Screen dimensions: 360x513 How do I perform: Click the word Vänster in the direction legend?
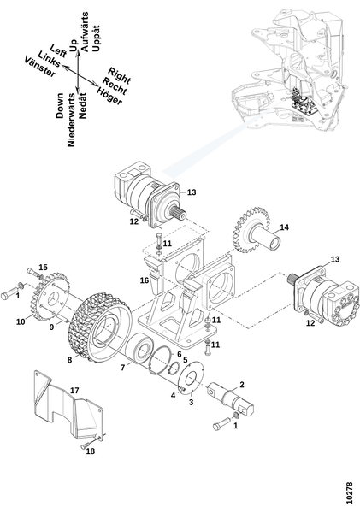[40, 67]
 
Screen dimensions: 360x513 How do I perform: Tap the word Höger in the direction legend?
[109, 96]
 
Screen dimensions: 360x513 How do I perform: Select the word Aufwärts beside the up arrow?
[85, 32]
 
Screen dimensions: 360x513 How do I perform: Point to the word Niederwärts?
[71, 120]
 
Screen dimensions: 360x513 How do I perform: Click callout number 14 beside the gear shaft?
[285, 227]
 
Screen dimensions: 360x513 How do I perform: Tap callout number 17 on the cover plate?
[74, 391]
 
